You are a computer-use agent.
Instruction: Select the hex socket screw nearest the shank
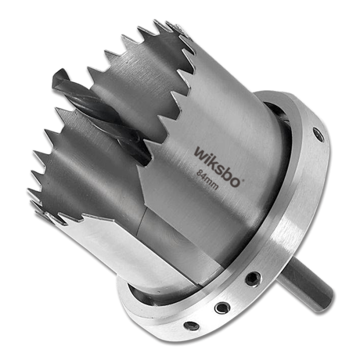click(x=252, y=279)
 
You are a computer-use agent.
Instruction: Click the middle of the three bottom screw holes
click(x=222, y=307)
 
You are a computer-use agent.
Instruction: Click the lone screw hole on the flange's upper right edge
click(x=320, y=135)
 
